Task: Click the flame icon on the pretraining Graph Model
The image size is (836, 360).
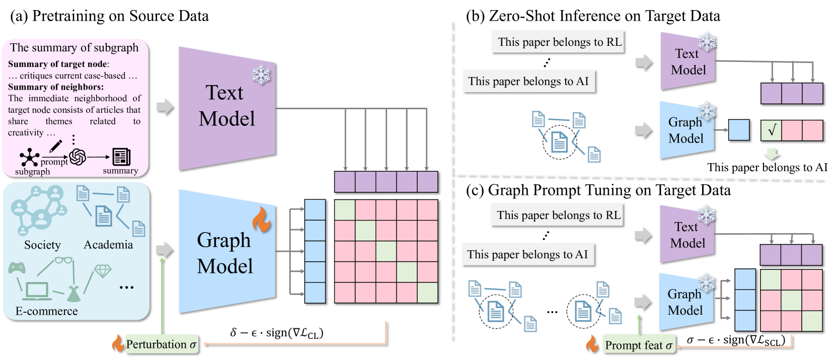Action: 262,220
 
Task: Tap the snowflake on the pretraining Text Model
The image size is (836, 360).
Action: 261,76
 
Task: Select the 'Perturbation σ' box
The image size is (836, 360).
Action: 162,344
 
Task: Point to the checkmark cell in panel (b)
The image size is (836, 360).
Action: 771,130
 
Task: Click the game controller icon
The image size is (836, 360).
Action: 17,267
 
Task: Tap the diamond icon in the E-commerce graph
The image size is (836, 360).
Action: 103,271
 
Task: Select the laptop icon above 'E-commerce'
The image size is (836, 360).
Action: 37,291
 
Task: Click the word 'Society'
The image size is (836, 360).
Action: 42,245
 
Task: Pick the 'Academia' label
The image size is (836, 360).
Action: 108,245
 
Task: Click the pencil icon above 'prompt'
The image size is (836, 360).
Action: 55,147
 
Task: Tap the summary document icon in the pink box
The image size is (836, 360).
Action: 121,157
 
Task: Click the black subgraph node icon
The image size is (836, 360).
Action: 30,158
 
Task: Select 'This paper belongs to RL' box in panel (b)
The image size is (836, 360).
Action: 559,42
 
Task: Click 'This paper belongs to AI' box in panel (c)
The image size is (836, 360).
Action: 527,254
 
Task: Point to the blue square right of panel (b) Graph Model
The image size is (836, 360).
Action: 739,129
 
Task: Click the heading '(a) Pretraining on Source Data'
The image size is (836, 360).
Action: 109,16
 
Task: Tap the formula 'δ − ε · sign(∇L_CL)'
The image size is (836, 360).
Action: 277,333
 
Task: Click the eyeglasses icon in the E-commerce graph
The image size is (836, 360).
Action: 63,260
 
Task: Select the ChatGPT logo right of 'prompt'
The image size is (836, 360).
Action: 78,157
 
